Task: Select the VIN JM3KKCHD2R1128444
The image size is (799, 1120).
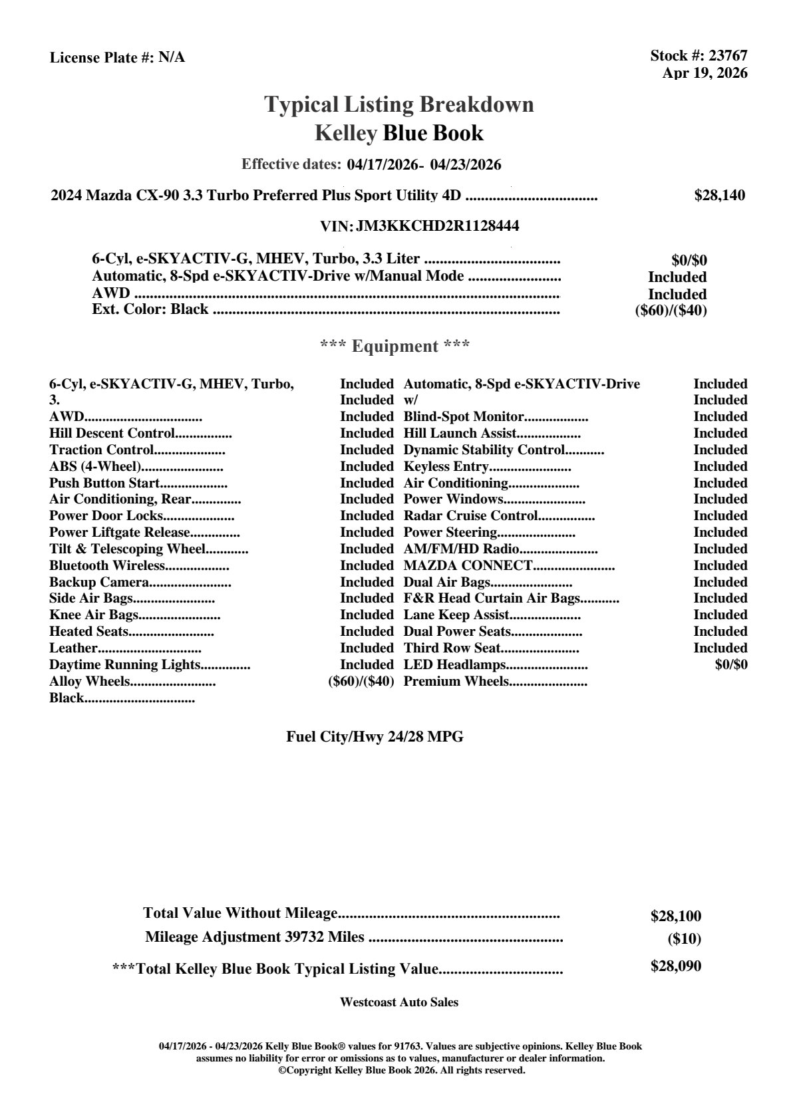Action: click(438, 226)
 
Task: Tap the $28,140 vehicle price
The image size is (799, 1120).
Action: click(719, 196)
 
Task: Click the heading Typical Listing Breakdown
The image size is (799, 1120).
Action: click(399, 104)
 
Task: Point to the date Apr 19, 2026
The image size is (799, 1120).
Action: click(705, 73)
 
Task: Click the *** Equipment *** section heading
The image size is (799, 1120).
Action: click(395, 346)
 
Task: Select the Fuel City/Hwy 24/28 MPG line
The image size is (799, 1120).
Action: click(375, 736)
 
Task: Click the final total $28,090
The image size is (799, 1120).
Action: click(675, 966)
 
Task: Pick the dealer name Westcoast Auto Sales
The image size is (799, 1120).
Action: click(399, 1002)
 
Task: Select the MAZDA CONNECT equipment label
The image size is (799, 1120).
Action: click(468, 565)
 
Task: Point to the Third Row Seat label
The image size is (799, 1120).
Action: click(452, 648)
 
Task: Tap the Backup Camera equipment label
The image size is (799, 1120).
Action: click(98, 582)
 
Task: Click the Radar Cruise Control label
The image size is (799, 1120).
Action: click(470, 515)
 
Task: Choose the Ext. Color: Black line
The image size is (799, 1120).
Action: click(150, 309)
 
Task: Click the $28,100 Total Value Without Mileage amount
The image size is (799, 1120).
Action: click(675, 916)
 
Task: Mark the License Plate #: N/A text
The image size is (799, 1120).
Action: click(117, 58)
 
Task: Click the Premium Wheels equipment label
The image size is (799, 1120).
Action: click(456, 681)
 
